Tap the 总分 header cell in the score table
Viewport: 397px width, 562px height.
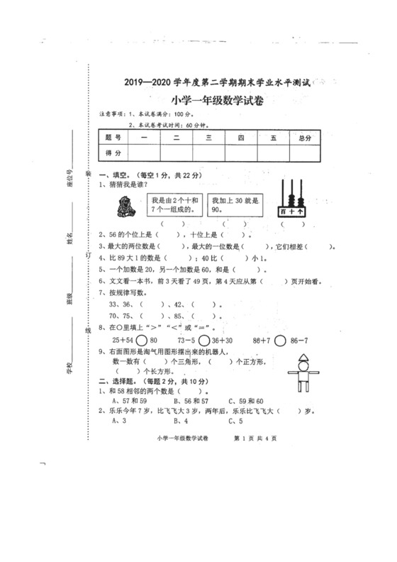305,138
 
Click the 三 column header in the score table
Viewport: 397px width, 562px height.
209,138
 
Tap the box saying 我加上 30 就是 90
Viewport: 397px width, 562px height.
235,204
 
